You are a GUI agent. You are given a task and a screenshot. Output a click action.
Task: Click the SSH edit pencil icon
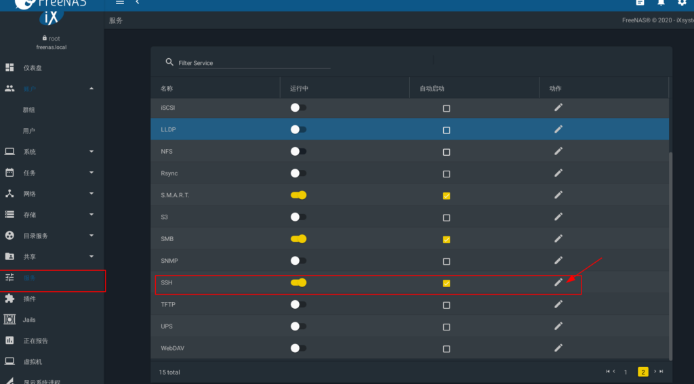point(558,282)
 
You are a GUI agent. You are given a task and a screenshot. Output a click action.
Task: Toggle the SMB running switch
point(298,239)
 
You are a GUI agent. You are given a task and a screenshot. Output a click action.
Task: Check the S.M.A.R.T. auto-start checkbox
point(446,196)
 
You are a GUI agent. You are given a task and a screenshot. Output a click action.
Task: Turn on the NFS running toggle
point(298,152)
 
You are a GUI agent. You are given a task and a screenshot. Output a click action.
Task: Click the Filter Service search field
point(254,63)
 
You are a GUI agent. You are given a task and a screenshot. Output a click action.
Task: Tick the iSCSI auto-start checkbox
point(446,108)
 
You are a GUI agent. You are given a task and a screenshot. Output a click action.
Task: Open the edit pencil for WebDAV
point(558,348)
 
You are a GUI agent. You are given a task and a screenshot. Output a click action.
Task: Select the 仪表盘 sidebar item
point(33,68)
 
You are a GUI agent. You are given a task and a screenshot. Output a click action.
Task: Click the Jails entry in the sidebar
point(29,320)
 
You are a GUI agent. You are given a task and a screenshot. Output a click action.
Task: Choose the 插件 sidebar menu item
point(29,299)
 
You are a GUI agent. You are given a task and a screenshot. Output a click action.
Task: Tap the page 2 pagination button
point(642,372)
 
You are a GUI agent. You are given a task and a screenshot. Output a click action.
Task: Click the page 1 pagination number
point(626,372)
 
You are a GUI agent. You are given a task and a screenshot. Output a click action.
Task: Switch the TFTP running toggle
point(298,305)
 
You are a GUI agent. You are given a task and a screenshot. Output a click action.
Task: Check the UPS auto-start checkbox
point(446,326)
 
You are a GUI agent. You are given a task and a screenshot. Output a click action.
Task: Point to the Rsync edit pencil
point(558,173)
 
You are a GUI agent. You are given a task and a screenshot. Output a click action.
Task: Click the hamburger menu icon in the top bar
point(120,3)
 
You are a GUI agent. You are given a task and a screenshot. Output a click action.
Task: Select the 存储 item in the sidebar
point(30,215)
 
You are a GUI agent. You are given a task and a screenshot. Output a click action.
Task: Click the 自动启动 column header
point(432,89)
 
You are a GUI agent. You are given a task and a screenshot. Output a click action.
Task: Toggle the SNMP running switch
point(298,261)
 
